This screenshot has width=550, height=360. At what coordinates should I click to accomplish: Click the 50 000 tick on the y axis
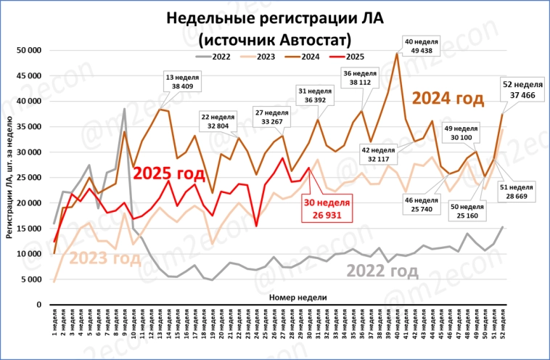[x=30, y=50]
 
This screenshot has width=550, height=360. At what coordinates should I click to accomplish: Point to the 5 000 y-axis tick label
[x=33, y=279]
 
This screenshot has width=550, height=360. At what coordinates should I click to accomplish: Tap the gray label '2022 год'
[x=382, y=271]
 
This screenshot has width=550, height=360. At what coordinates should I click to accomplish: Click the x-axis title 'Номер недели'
[x=297, y=298]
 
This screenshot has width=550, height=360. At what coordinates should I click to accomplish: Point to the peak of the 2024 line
[x=397, y=53]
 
